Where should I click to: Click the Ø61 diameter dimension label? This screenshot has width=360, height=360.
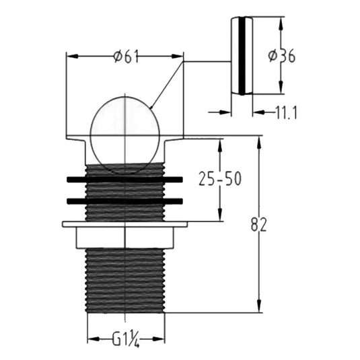pyautogui.click(x=127, y=57)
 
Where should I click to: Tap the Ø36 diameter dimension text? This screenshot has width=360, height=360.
pyautogui.click(x=282, y=56)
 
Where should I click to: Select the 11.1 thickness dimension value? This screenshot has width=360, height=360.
pyautogui.click(x=286, y=113)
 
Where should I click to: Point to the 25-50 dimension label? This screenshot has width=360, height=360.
pyautogui.click(x=220, y=178)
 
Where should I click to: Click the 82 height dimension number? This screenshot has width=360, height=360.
pyautogui.click(x=258, y=224)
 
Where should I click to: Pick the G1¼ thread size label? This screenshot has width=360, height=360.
pyautogui.click(x=126, y=340)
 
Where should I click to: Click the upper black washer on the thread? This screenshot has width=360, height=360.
pyautogui.click(x=124, y=179)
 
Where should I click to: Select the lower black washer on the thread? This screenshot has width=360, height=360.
pyautogui.click(x=124, y=201)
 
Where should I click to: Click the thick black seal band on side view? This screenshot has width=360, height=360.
pyautogui.click(x=242, y=56)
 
